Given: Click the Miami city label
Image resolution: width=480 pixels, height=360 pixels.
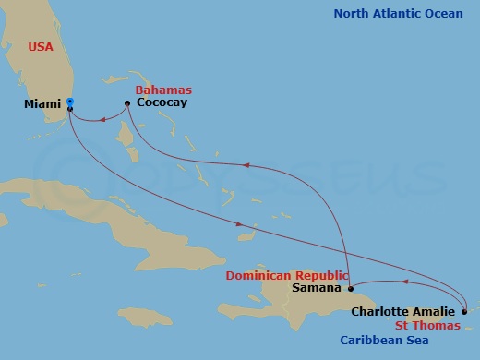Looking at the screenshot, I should pyautogui.click(x=42, y=104).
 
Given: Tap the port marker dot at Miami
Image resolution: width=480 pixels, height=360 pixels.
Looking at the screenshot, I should pyautogui.click(x=70, y=108).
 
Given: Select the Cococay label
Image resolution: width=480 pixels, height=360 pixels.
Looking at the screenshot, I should pyautogui.click(x=162, y=102).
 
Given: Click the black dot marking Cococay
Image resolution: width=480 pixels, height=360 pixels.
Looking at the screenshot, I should pyautogui.click(x=126, y=102).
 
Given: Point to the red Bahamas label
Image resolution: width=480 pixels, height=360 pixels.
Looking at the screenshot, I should pyautogui.click(x=163, y=90).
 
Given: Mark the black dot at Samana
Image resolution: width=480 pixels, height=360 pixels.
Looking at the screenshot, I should pyautogui.click(x=351, y=288).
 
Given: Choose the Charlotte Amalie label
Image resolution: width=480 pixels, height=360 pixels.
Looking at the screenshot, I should pyautogui.click(x=402, y=312).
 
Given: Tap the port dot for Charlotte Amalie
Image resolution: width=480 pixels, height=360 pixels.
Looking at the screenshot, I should pyautogui.click(x=464, y=312).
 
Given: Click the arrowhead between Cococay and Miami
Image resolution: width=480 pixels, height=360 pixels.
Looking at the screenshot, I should pyautogui.click(x=100, y=117).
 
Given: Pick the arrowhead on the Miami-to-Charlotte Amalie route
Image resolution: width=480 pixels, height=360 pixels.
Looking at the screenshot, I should pyautogui.click(x=240, y=224).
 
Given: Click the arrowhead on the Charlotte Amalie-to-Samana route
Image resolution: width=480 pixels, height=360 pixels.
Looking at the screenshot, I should pyautogui.click(x=402, y=282).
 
